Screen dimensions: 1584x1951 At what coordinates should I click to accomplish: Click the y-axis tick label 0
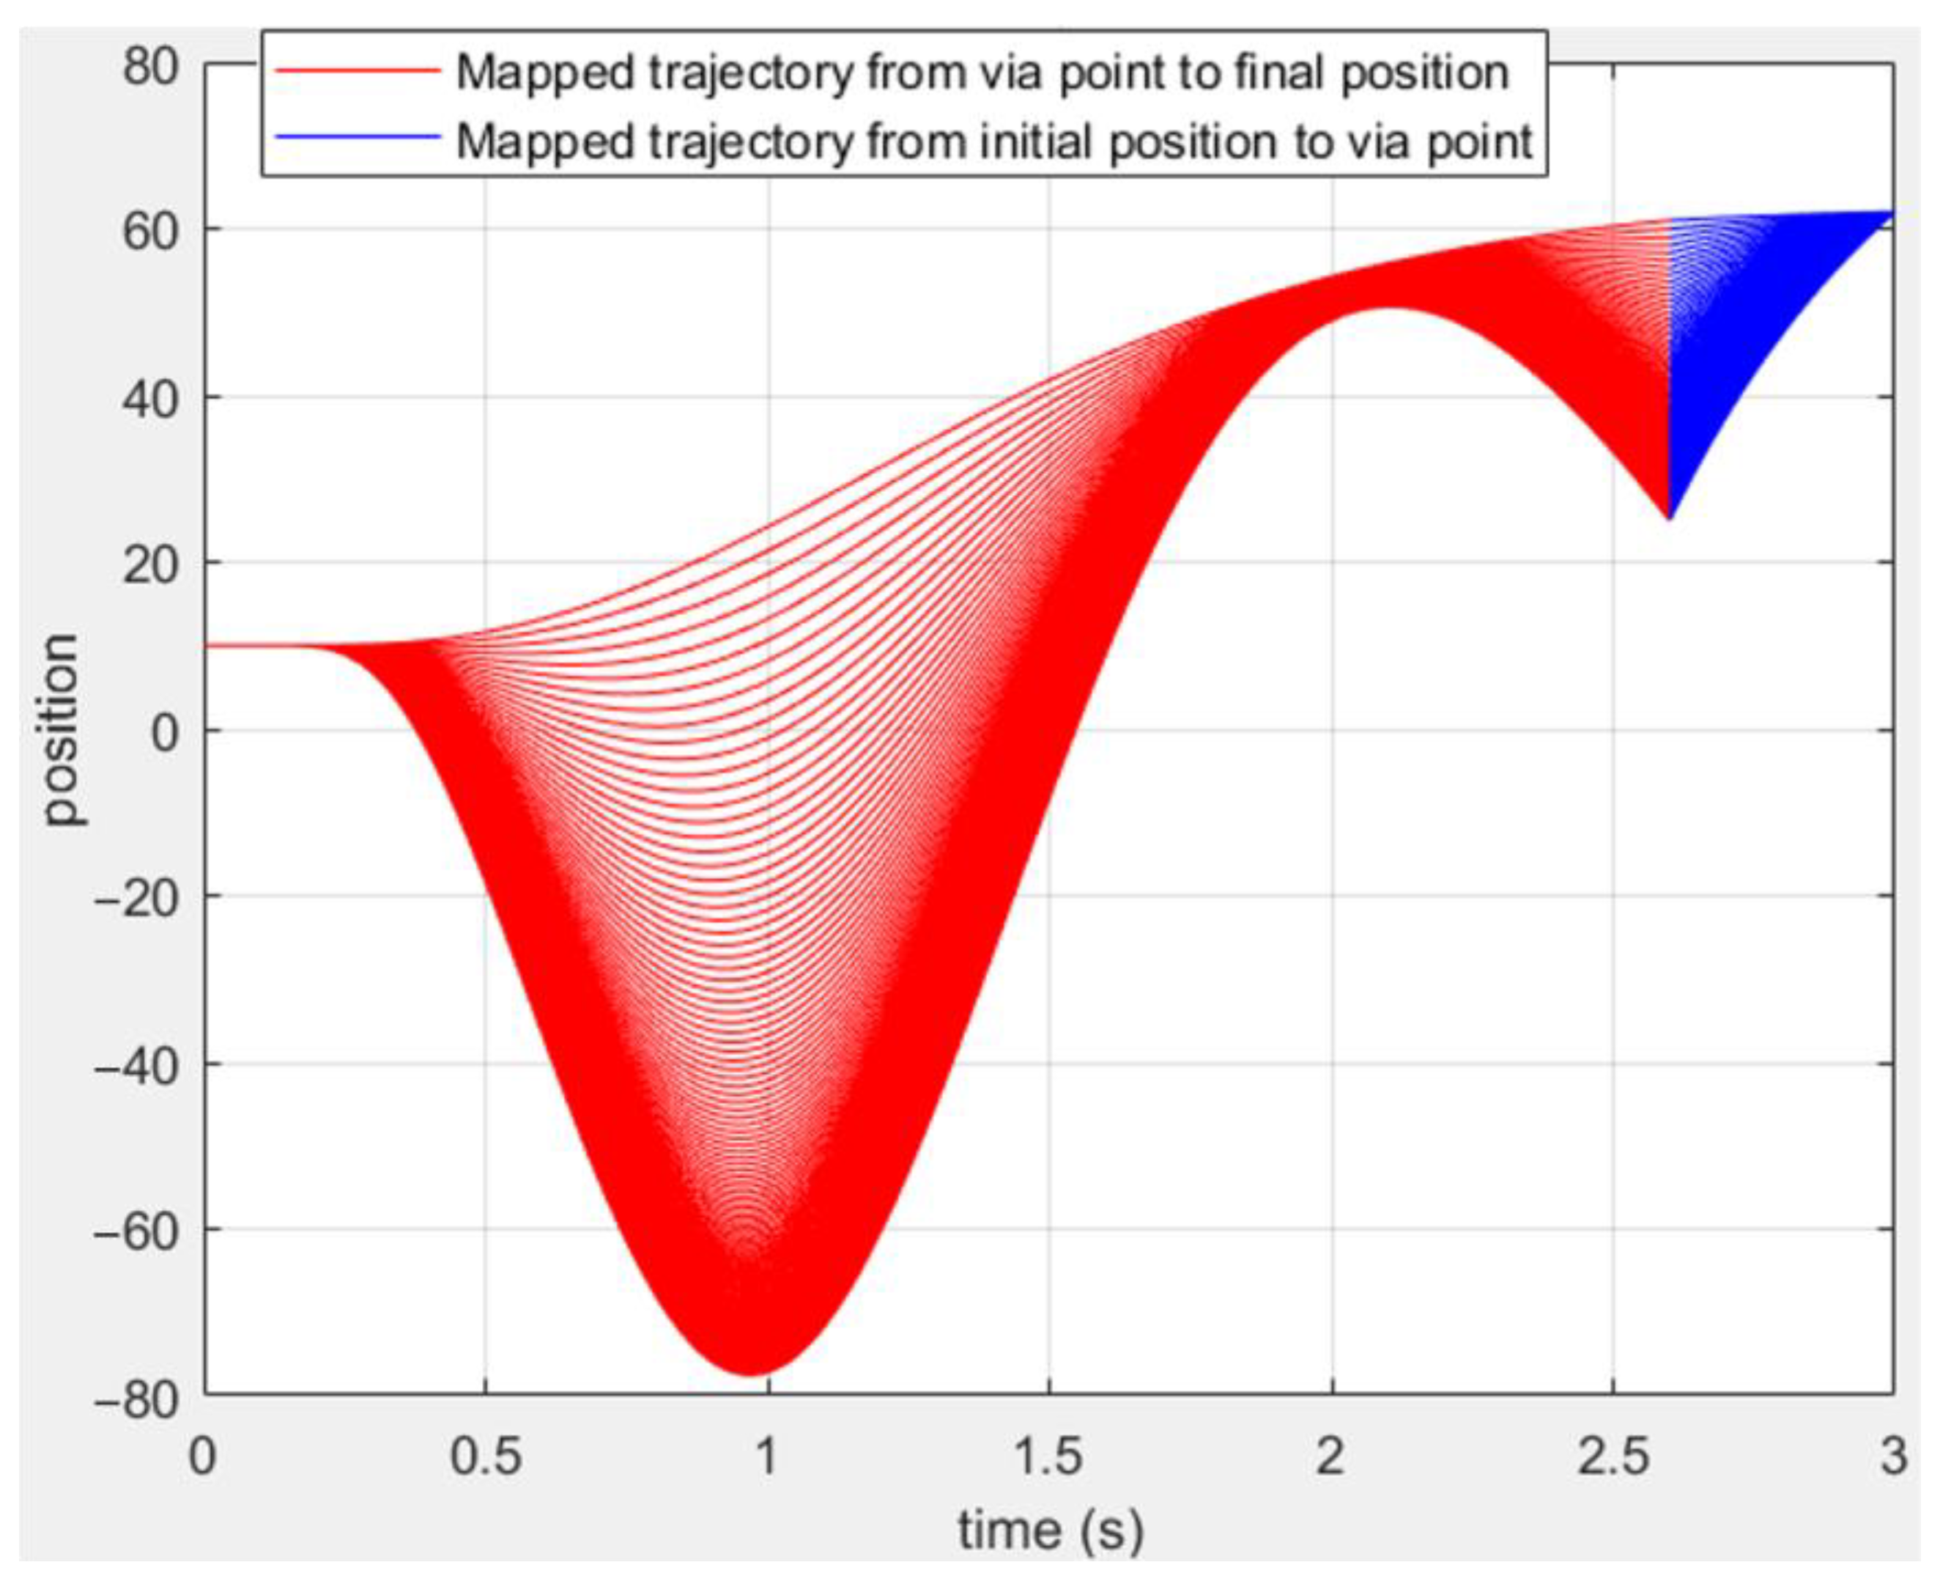[x=166, y=732]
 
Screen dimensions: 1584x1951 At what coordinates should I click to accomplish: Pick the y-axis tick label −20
[x=137, y=898]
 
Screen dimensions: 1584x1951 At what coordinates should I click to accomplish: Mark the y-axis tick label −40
[x=137, y=1065]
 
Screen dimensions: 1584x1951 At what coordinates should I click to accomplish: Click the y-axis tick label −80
[x=137, y=1399]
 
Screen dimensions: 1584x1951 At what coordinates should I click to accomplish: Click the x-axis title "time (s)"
[x=1049, y=1530]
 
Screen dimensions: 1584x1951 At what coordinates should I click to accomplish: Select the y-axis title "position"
[x=62, y=730]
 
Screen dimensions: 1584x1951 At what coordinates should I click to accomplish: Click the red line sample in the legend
[x=358, y=71]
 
